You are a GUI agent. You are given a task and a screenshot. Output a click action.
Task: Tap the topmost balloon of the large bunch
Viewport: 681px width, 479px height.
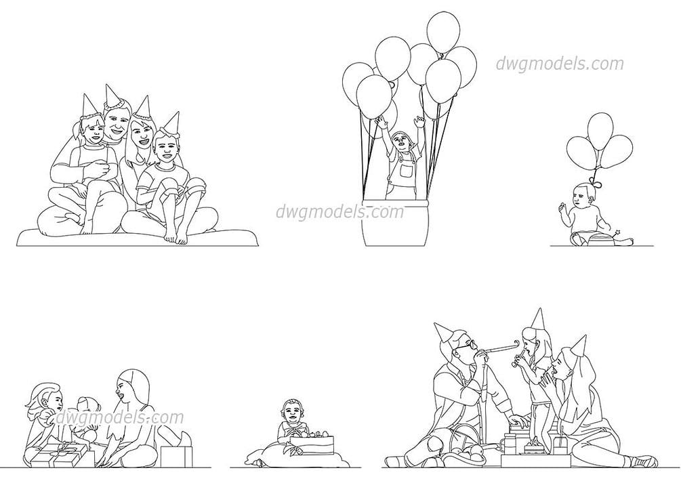click(443, 32)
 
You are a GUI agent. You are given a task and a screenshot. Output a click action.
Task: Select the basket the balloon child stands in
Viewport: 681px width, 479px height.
click(395, 223)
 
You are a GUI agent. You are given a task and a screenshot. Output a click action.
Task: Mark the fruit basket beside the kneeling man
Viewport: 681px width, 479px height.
click(468, 449)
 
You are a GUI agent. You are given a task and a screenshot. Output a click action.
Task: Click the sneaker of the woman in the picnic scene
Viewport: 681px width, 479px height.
click(644, 461)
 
